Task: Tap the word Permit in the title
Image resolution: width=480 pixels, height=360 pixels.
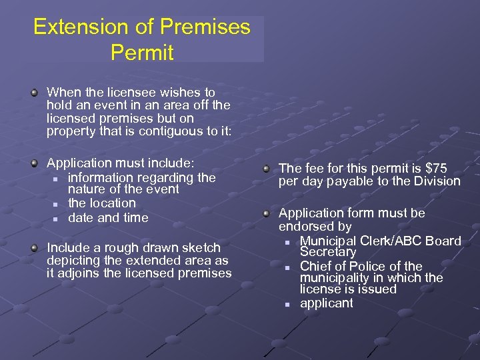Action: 142,52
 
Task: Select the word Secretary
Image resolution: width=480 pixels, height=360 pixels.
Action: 328,252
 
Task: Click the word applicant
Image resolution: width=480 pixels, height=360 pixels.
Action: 327,303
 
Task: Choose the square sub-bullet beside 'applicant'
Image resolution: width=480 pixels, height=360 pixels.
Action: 287,304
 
